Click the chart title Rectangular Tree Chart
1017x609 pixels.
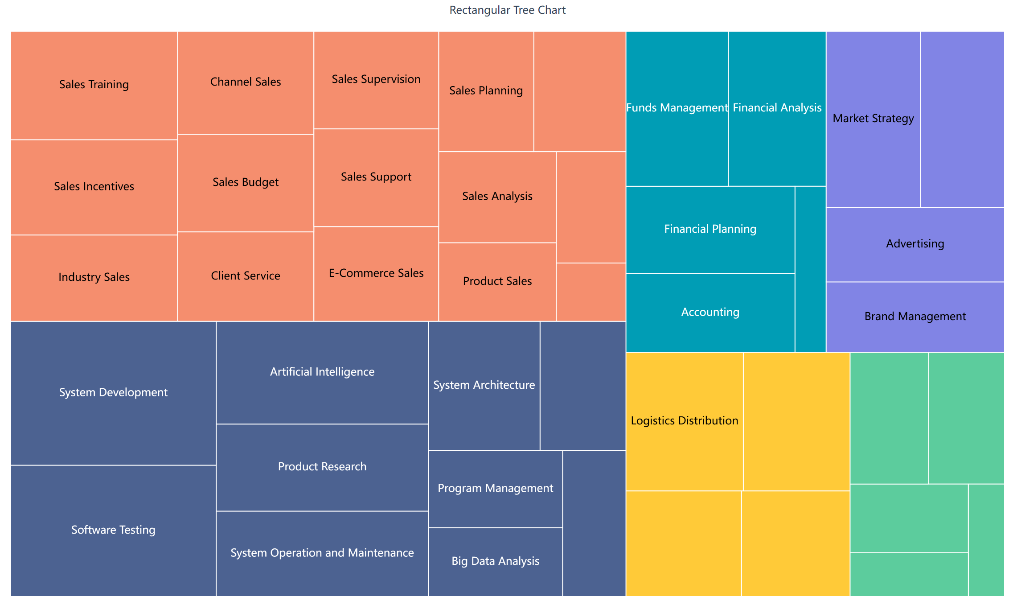[x=507, y=10]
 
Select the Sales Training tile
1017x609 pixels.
[x=94, y=85]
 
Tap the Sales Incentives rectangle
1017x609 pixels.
[x=94, y=186]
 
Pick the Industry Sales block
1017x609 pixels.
[x=94, y=277]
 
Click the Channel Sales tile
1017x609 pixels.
[x=246, y=82]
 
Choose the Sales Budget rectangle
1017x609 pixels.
[x=246, y=182]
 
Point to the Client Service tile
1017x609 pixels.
[x=246, y=276]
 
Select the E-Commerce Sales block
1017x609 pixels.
[x=376, y=273]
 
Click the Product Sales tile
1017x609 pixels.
[x=497, y=281]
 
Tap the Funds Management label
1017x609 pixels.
[x=677, y=108]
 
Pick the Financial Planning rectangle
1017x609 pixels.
[x=710, y=229]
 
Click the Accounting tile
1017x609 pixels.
[x=710, y=313]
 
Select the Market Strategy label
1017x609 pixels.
[x=873, y=119]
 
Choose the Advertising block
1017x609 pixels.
[x=915, y=244]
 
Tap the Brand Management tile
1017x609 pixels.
[x=915, y=317]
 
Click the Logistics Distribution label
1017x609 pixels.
[x=685, y=421]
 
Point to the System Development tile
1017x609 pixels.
[x=113, y=393]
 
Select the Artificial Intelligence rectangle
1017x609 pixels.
[x=322, y=372]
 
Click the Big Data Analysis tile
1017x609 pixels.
[x=495, y=561]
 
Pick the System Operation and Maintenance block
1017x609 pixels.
[x=322, y=553]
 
